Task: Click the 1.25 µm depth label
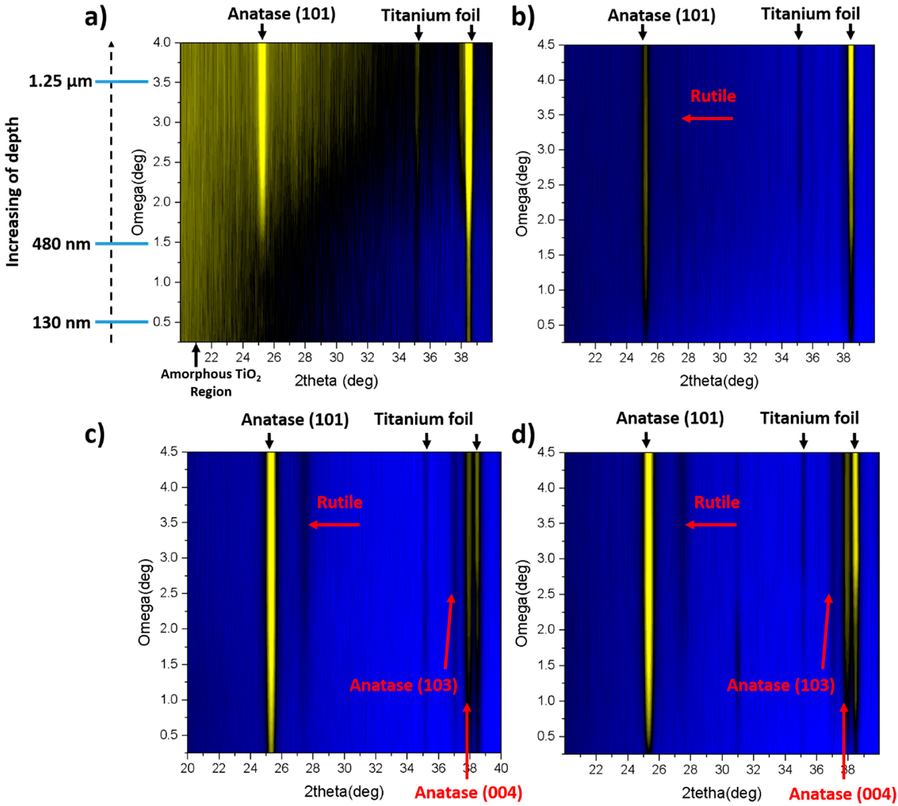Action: click(60, 81)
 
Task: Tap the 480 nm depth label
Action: click(61, 244)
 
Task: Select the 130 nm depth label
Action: click(61, 322)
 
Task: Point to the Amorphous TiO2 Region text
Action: click(210, 383)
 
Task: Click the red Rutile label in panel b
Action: click(713, 96)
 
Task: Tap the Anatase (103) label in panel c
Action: click(403, 685)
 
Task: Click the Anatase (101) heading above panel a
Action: click(281, 14)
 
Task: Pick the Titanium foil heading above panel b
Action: click(810, 14)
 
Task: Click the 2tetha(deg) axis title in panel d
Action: click(721, 792)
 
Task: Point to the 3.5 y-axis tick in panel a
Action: click(162, 82)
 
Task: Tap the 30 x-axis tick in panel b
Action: click(719, 358)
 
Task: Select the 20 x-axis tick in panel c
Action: click(187, 768)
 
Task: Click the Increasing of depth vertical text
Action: click(13, 192)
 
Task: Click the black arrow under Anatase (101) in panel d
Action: click(646, 440)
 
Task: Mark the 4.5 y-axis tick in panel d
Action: click(546, 453)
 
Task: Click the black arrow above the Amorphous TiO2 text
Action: click(196, 355)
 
